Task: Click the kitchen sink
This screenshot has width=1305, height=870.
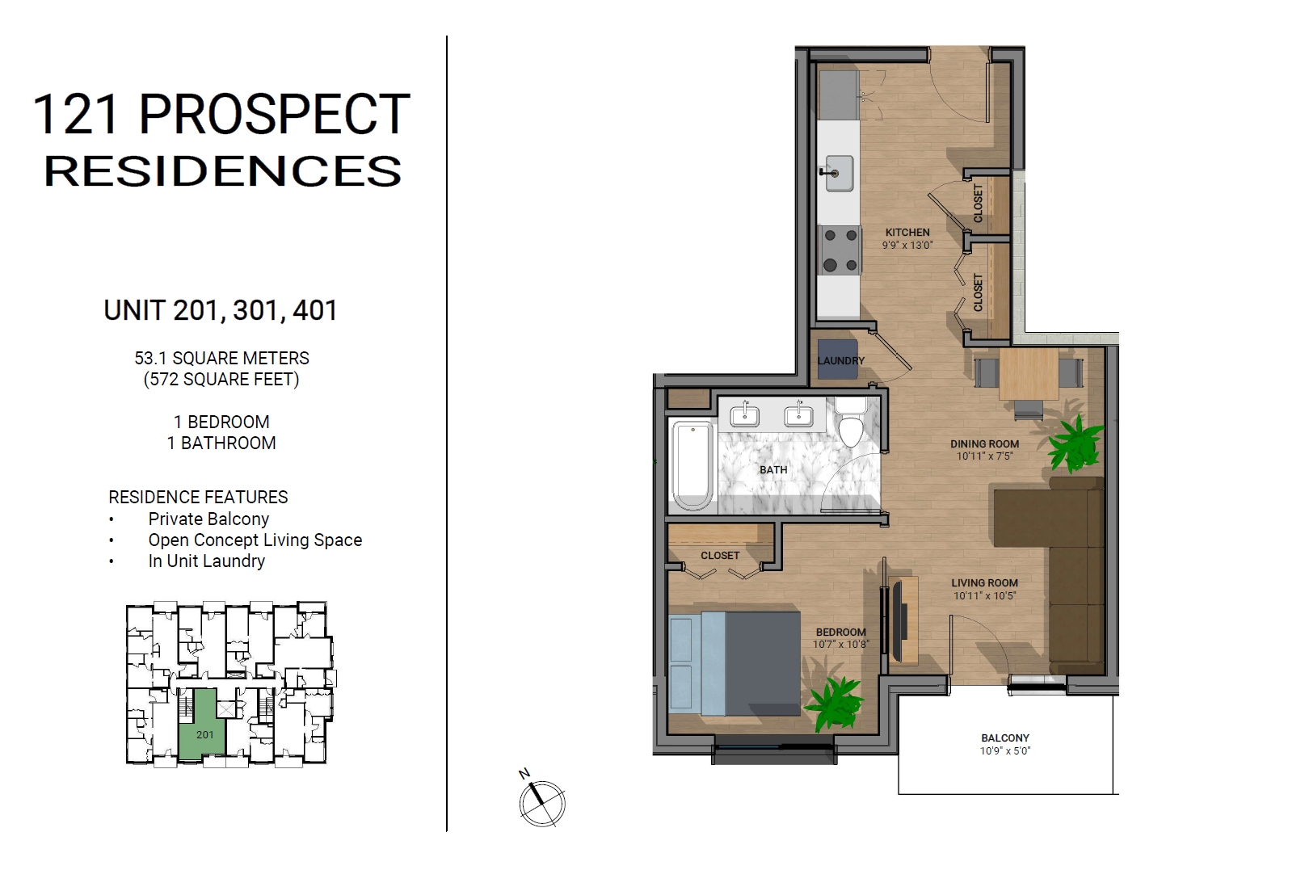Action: [840, 173]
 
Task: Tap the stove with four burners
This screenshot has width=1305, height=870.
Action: [840, 250]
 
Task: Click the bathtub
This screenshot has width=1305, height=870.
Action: [692, 466]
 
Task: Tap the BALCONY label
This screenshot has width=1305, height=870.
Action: [1005, 738]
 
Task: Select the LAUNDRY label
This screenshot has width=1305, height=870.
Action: [840, 360]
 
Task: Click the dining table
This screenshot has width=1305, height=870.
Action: [1029, 374]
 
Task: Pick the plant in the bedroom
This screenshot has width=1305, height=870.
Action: [833, 704]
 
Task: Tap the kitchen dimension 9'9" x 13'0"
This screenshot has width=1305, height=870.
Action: [907, 245]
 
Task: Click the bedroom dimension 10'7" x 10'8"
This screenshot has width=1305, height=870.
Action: [840, 644]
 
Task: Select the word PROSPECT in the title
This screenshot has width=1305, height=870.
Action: [275, 114]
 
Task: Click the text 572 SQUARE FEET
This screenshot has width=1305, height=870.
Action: [221, 380]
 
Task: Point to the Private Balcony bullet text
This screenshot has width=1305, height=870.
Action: [208, 519]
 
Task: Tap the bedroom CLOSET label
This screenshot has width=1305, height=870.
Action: [720, 556]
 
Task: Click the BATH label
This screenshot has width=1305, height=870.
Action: [773, 470]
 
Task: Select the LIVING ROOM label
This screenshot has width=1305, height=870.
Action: [984, 583]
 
